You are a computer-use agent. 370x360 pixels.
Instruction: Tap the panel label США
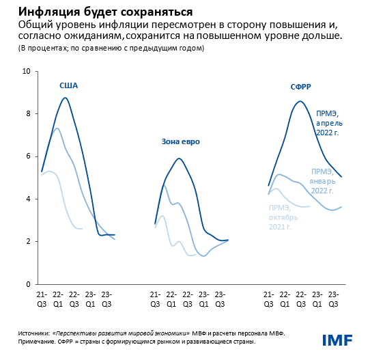coord(69,85)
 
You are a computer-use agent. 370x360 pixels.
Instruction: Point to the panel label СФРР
coord(301,87)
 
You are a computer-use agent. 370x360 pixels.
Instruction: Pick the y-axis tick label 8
coord(28,114)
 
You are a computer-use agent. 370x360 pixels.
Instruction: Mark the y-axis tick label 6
coord(28,156)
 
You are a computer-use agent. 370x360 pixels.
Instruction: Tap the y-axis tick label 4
coord(28,199)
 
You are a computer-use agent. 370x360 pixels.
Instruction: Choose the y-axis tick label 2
coord(28,242)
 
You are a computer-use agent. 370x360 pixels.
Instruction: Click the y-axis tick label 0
coord(28,284)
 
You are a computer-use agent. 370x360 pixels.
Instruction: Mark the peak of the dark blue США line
coord(64,98)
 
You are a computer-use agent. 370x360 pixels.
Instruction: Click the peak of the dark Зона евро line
coord(179,158)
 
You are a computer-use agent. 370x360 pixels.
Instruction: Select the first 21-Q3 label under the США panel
coord(42,298)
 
